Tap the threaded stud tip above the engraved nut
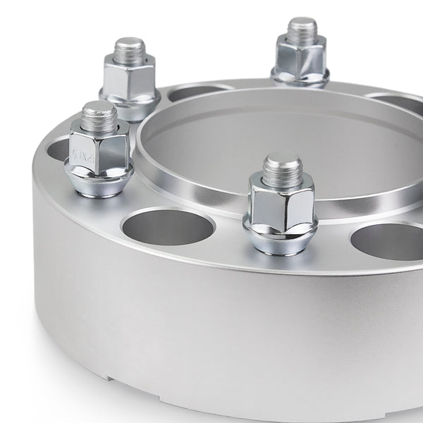(x=98, y=115)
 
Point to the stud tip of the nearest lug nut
(x=283, y=169)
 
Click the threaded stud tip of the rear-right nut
(x=302, y=32)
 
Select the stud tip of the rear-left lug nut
(x=130, y=51)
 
